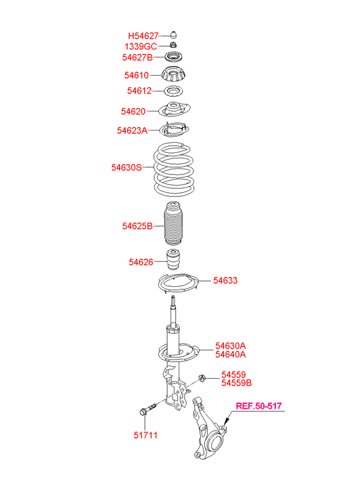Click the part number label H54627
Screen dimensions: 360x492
143,36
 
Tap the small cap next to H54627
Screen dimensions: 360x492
173,35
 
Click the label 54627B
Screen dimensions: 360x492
137,58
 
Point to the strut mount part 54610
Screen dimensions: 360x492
173,74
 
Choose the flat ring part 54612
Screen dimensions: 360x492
173,91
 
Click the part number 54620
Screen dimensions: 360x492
133,112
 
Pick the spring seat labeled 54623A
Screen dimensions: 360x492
175,129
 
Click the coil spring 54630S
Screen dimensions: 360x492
173,169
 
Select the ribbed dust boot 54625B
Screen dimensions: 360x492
173,223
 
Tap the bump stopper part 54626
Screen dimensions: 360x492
173,259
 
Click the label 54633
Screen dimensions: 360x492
225,280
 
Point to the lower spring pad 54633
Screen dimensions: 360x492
178,284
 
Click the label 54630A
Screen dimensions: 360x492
230,346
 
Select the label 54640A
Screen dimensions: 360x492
230,354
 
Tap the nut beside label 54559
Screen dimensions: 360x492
202,378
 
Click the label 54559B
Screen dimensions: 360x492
236,383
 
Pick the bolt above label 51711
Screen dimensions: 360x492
147,409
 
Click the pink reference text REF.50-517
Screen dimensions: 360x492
258,406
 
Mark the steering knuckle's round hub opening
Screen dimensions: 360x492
216,443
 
